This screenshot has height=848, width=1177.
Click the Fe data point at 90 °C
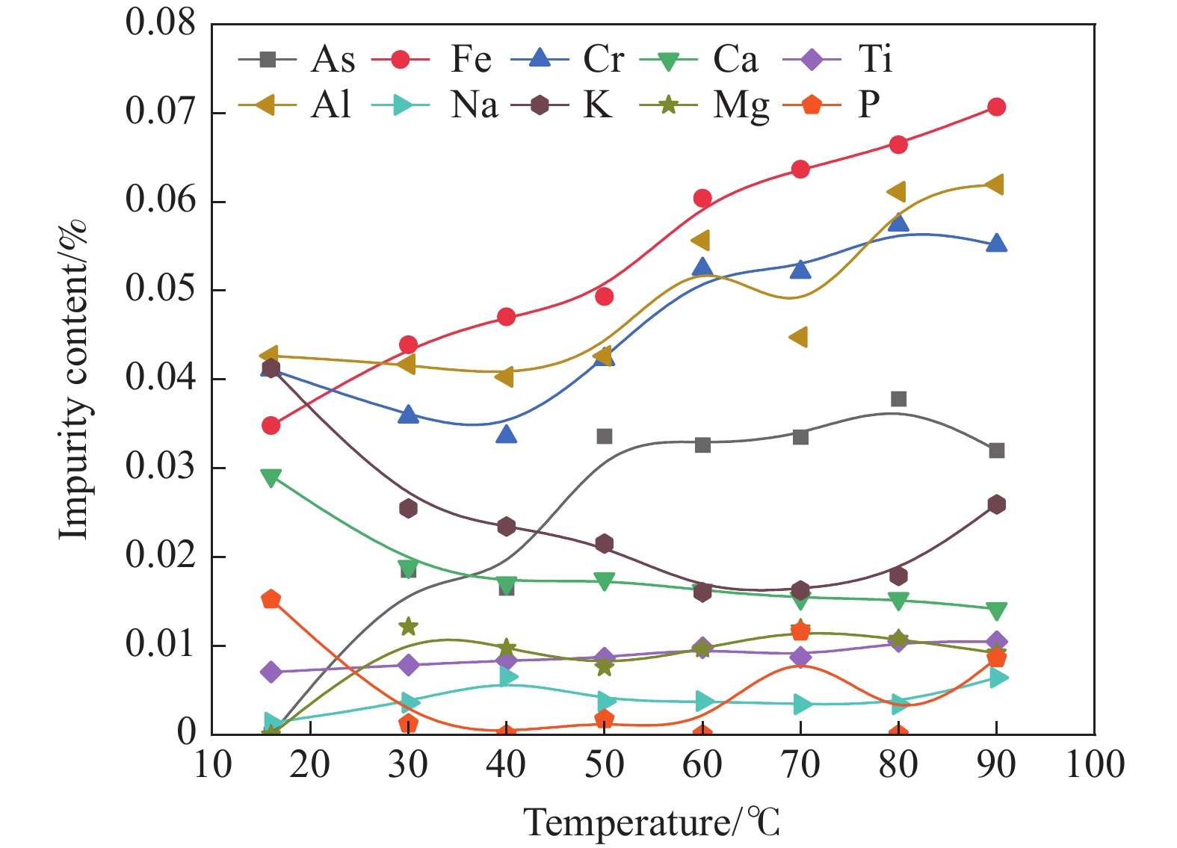click(x=996, y=107)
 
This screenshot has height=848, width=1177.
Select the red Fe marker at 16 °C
click(x=271, y=426)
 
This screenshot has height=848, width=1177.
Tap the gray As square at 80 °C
click(x=898, y=399)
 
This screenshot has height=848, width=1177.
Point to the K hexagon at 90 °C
click(x=996, y=504)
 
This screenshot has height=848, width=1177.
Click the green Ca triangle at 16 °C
click(x=271, y=477)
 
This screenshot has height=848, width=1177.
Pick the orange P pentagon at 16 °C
click(x=271, y=599)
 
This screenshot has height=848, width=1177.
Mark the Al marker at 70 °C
click(x=800, y=337)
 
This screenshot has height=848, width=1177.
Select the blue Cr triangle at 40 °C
click(x=506, y=434)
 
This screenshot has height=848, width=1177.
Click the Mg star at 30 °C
click(x=408, y=626)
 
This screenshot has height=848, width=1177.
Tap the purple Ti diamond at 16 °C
click(x=271, y=672)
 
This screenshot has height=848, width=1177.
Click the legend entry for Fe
click(x=441, y=59)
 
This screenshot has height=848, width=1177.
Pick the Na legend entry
click(x=441, y=105)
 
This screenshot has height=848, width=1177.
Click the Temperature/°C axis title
click(x=652, y=823)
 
